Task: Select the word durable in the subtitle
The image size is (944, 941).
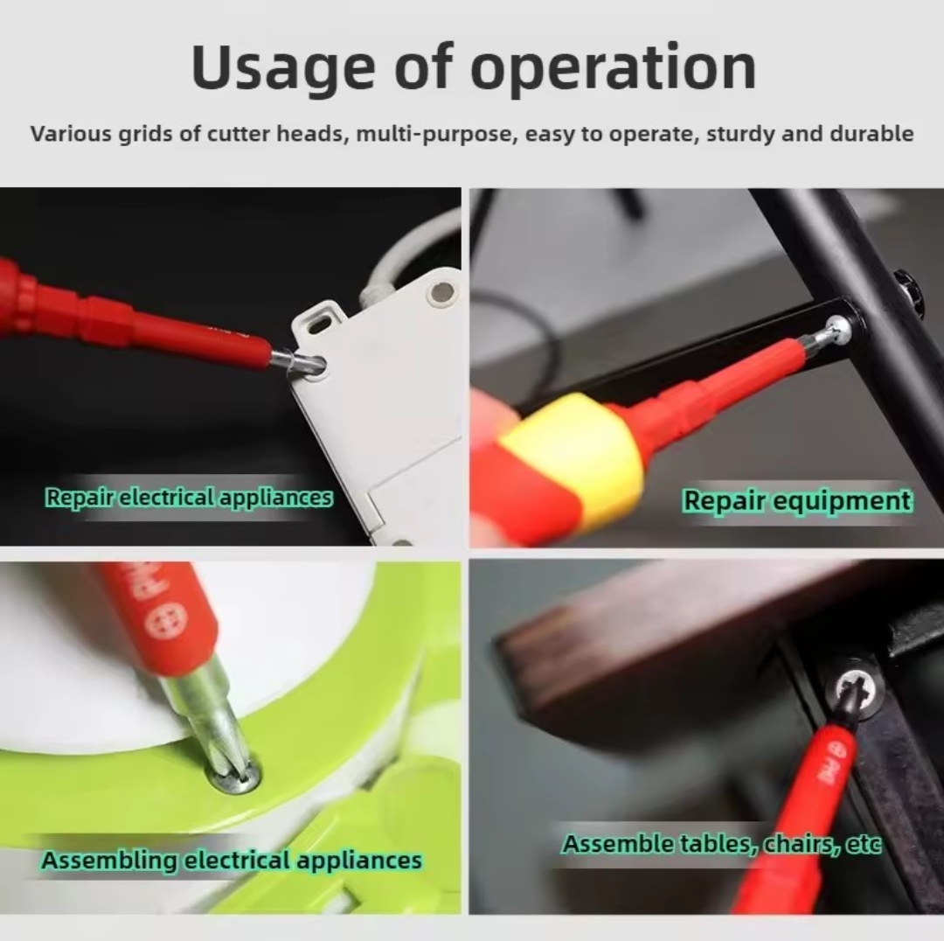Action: click(x=871, y=133)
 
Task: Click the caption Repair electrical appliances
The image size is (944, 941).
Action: click(x=189, y=498)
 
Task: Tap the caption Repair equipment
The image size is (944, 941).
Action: click(x=796, y=500)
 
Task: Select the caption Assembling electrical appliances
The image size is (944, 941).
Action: click(x=231, y=860)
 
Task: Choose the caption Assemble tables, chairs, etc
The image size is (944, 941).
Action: click(x=721, y=844)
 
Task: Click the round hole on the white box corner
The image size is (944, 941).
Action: click(x=442, y=293)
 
